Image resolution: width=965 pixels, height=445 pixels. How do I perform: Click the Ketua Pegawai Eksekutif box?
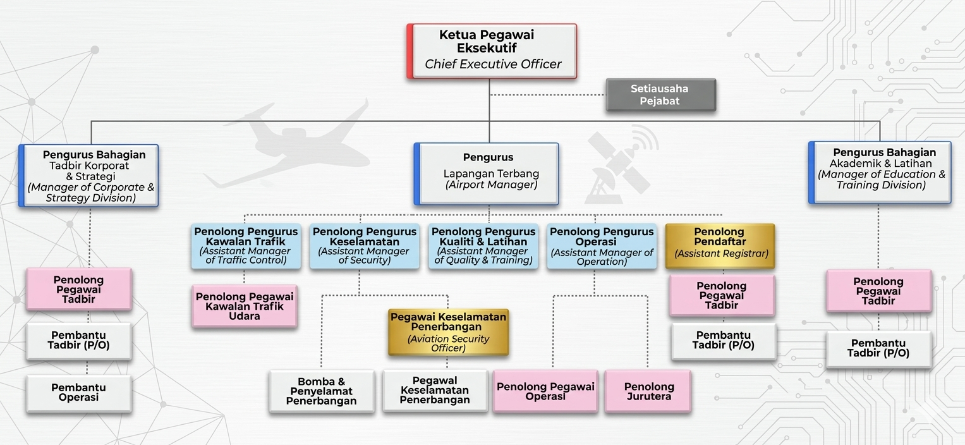(492, 51)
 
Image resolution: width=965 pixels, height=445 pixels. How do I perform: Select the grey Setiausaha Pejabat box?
(660, 95)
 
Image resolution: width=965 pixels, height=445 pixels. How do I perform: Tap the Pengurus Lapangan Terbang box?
(487, 173)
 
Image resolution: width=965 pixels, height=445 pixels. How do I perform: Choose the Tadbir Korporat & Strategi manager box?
(89, 175)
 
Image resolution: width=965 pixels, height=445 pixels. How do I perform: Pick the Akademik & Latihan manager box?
(880, 172)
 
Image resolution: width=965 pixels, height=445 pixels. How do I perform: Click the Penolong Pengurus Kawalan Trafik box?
(246, 246)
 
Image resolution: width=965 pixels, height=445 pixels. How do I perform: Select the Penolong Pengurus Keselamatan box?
(364, 246)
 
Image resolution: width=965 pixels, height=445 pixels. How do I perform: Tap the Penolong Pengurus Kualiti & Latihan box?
(483, 246)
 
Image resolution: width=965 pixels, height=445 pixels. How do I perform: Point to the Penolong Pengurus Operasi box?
(602, 246)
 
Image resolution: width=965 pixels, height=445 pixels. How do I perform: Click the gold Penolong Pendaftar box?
(720, 246)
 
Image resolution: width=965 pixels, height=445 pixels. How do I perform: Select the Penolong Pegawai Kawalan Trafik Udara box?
(245, 306)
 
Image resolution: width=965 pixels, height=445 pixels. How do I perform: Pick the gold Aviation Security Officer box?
(448, 332)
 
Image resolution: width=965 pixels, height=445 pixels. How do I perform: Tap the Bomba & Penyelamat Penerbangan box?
(321, 391)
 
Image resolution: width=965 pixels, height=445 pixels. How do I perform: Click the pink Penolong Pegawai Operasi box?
(545, 391)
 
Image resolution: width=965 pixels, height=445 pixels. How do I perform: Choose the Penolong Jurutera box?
(648, 391)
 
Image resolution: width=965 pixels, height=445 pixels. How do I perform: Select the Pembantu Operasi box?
(78, 393)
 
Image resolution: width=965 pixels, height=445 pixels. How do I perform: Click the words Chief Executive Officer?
(493, 64)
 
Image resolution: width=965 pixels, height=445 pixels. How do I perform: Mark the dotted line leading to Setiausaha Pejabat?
(547, 95)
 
